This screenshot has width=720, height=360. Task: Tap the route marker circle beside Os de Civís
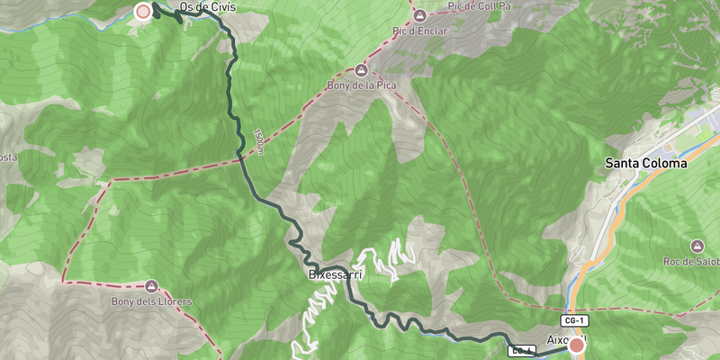[x=143, y=12]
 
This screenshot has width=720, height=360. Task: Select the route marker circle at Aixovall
[x=577, y=344]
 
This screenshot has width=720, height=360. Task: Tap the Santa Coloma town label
[x=645, y=164]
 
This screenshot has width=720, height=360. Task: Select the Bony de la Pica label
[x=362, y=87]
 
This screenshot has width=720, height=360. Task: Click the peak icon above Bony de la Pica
[x=362, y=70]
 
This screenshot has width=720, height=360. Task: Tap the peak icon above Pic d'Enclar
[x=420, y=15]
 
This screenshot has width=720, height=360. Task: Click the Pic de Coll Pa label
[x=479, y=6]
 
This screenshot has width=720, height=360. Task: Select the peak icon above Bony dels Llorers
[x=150, y=285]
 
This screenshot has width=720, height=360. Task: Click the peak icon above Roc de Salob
[x=697, y=246]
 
